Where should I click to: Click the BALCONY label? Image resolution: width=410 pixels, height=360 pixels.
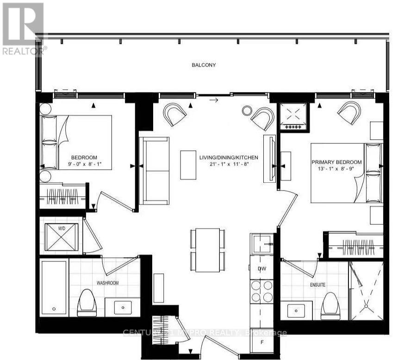(204, 65)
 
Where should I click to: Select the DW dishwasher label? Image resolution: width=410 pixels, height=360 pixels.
(262, 270)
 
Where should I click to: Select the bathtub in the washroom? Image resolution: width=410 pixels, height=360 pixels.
(54, 287)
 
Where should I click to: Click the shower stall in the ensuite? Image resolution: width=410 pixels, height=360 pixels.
(366, 291)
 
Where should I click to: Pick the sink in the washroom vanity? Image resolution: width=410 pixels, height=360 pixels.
(123, 307)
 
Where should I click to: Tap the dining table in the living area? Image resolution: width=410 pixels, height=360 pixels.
(207, 250)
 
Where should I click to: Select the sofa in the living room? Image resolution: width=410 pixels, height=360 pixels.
(155, 171)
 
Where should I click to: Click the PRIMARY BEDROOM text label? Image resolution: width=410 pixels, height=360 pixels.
(336, 161)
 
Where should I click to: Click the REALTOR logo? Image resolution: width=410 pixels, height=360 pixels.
(23, 28)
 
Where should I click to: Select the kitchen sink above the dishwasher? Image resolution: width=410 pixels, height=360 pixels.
(262, 242)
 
